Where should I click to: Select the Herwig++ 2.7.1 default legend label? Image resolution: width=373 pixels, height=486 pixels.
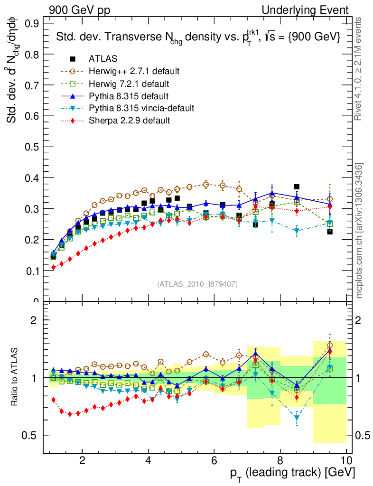(x=134, y=71)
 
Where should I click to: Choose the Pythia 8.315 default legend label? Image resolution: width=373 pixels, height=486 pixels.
(x=129, y=96)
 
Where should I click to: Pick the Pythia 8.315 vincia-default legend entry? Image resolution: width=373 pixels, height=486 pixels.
(x=141, y=108)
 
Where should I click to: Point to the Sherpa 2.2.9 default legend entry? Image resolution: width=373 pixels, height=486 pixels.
(x=129, y=121)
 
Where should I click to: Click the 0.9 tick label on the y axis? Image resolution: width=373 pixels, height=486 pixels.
(x=32, y=23)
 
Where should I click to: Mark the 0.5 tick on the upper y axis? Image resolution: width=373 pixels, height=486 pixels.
(x=32, y=147)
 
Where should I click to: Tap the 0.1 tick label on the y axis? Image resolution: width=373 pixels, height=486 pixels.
(x=32, y=271)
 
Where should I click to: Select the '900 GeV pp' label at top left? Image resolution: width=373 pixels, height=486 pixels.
(x=79, y=10)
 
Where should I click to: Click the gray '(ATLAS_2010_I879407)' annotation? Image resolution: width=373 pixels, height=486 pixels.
(x=197, y=284)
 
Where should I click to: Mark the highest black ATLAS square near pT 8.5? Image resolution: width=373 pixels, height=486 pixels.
(x=297, y=187)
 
